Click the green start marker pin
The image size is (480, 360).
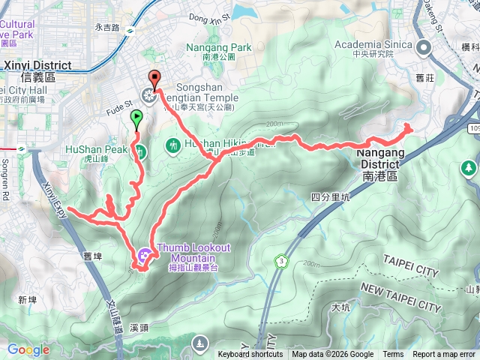tap(136, 118)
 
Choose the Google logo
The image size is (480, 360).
tap(28, 349)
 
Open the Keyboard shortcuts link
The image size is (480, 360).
tap(250, 355)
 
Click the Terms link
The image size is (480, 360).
tap(393, 355)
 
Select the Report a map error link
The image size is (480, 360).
tap(444, 355)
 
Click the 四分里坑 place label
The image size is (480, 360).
tap(330, 197)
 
